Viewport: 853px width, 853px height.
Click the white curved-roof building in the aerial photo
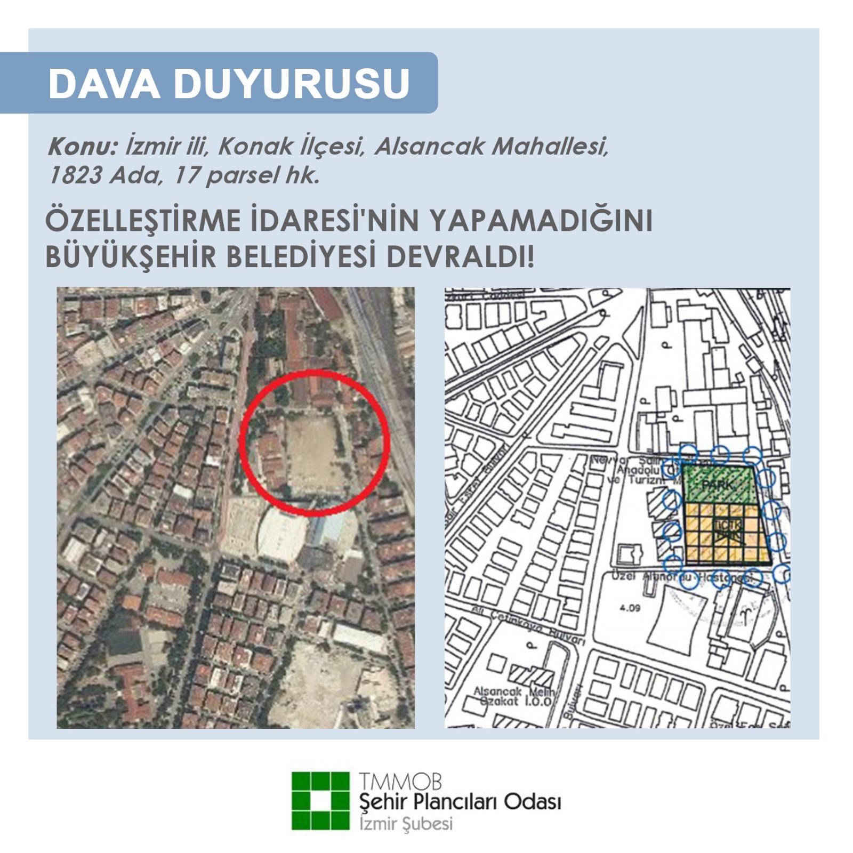(x=283, y=533)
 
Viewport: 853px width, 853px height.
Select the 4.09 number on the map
(x=630, y=608)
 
